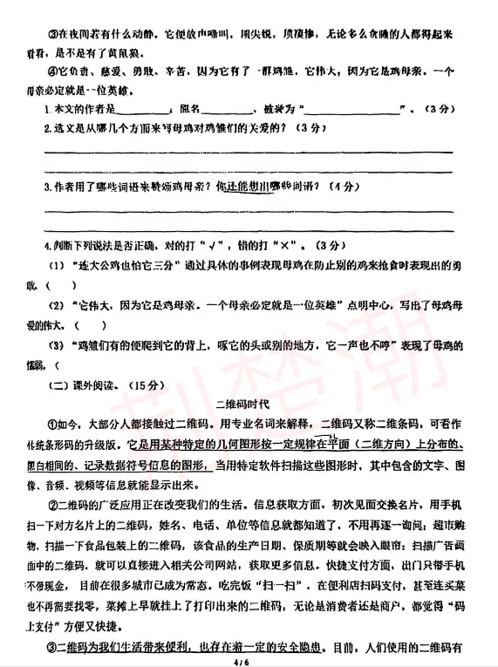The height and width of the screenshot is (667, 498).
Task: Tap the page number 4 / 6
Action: coord(249,659)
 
